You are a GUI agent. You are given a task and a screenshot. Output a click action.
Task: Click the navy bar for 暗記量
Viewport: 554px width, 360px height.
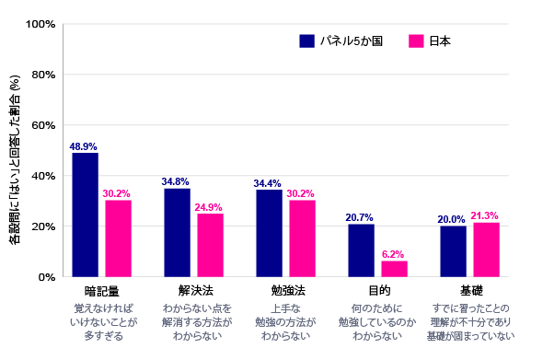tap(85, 215)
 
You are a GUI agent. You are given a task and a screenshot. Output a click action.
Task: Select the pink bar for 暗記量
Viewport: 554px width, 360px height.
tap(118, 238)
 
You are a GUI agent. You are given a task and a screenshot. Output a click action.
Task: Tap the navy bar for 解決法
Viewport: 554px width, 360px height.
tap(177, 232)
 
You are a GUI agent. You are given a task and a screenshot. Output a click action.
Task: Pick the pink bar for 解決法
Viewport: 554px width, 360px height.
tap(210, 245)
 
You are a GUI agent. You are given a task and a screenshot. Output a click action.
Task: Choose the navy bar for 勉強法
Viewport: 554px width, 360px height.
tap(269, 233)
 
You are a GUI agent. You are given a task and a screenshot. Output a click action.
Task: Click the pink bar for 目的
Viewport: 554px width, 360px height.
tap(394, 269)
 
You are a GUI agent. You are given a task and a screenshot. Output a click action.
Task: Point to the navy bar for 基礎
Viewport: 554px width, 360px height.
tap(453, 251)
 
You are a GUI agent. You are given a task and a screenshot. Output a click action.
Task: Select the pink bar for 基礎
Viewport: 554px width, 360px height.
tap(486, 250)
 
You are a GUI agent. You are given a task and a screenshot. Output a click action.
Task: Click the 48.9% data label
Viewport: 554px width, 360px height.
tap(84, 146)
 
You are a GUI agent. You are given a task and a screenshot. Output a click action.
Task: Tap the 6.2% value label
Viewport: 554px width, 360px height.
tap(394, 254)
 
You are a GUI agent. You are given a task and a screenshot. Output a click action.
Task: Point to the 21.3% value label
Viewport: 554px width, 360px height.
tap(486, 215)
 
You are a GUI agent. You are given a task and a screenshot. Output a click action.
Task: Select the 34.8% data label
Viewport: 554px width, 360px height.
tap(176, 182)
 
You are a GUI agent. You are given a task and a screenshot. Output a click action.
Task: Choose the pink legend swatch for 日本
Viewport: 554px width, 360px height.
tap(415, 41)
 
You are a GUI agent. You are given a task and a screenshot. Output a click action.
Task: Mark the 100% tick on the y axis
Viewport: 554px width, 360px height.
tap(43, 24)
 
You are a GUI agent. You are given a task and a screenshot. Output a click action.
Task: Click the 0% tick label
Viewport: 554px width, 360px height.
tap(49, 277)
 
